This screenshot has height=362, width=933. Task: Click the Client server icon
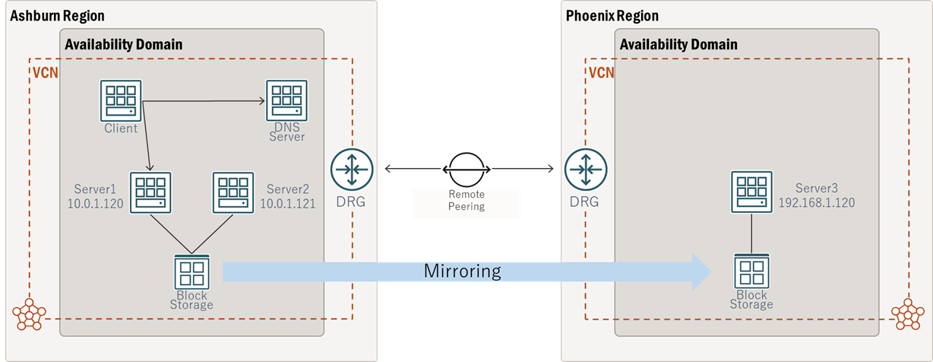tap(121, 100)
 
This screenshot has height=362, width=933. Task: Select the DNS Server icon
tap(286, 100)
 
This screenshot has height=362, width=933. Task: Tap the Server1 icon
tap(150, 192)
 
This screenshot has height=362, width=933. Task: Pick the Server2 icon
tap(233, 192)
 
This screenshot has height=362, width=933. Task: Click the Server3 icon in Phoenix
tap(751, 192)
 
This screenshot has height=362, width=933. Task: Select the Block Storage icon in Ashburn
tap(191, 271)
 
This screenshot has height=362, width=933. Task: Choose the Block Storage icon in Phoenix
tap(751, 271)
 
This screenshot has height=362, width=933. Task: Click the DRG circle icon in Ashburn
tap(350, 168)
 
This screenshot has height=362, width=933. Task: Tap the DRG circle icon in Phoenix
tap(584, 168)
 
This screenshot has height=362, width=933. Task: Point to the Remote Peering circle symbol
tap(466, 168)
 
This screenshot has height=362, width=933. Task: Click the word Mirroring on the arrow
tap(462, 271)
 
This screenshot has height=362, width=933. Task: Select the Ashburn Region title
tap(57, 16)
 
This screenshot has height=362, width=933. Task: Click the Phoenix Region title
tap(612, 16)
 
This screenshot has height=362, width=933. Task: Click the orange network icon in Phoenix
tap(907, 313)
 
